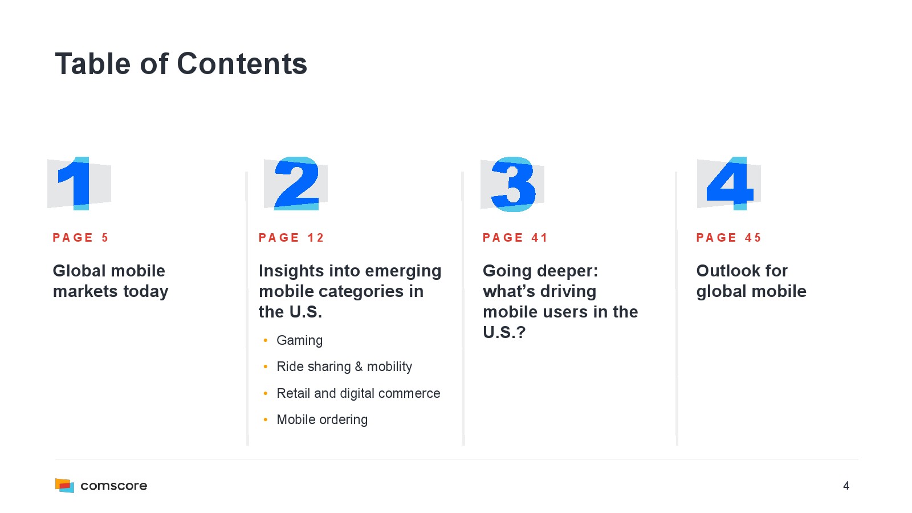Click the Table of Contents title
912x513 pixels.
181,64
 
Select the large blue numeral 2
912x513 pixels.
296,183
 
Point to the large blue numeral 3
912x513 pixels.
513,184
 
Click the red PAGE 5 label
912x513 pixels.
80,238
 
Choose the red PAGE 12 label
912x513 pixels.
291,238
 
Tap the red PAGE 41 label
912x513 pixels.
515,238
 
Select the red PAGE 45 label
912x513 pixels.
729,238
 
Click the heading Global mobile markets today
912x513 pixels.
111,282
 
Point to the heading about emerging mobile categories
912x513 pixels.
350,291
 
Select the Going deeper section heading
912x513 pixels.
560,302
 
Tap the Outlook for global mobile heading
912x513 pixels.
751,282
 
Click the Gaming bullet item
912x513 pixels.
300,340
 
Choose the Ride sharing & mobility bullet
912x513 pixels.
344,367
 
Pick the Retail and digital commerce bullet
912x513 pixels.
359,393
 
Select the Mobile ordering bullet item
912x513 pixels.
322,420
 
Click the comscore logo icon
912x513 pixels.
65,485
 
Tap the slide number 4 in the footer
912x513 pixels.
846,486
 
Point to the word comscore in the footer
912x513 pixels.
114,486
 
